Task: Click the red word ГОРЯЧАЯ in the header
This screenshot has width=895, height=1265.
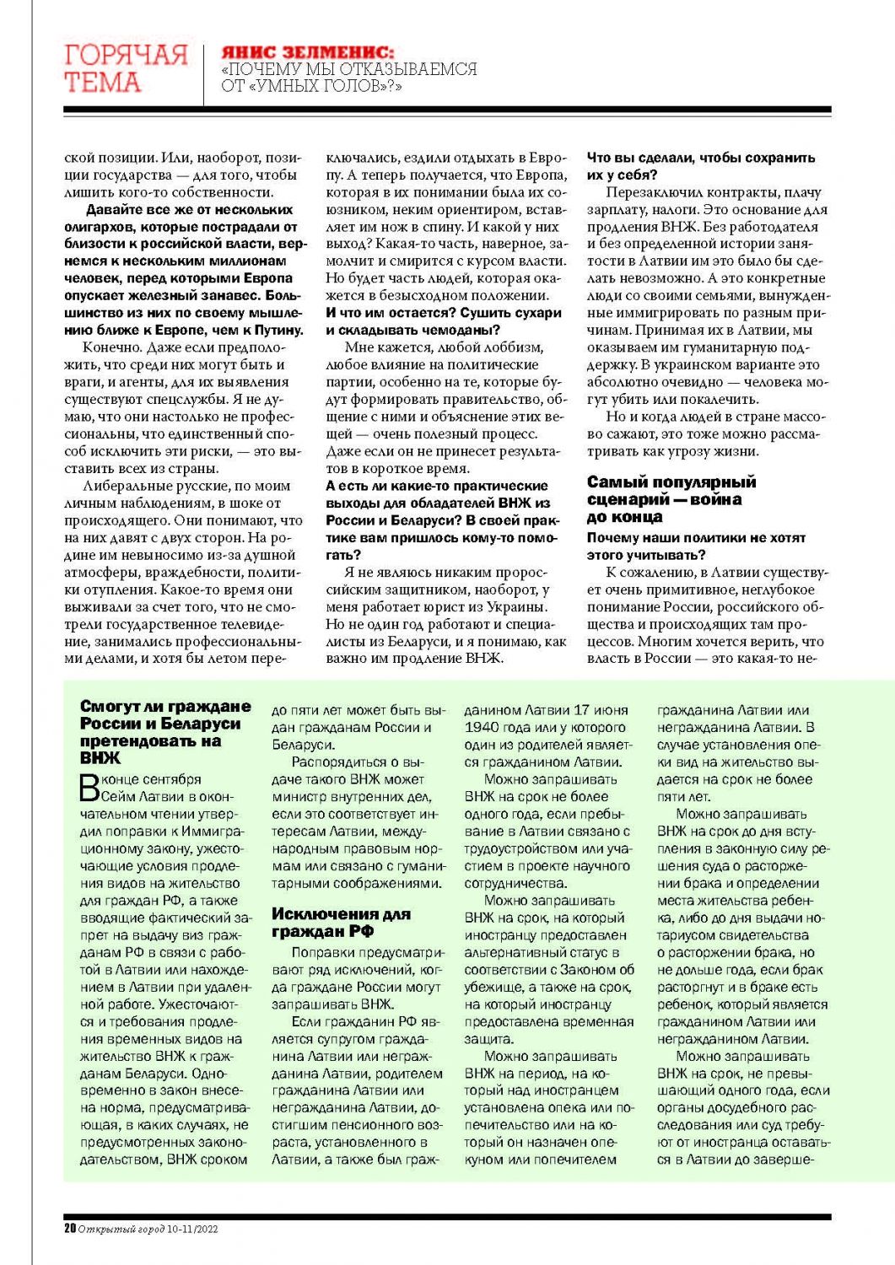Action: (x=126, y=55)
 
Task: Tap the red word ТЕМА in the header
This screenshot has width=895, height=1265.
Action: (x=102, y=83)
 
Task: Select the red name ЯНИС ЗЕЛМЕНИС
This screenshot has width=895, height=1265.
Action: (x=307, y=52)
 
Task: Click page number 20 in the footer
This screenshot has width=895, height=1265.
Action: (x=70, y=1229)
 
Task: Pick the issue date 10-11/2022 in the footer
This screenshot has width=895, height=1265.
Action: (x=192, y=1229)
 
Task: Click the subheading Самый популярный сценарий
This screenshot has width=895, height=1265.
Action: (x=671, y=491)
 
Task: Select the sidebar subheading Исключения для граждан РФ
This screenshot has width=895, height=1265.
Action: (x=341, y=923)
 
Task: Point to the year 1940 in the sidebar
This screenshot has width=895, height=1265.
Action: (x=483, y=727)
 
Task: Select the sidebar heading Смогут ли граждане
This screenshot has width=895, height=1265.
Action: (x=165, y=707)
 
